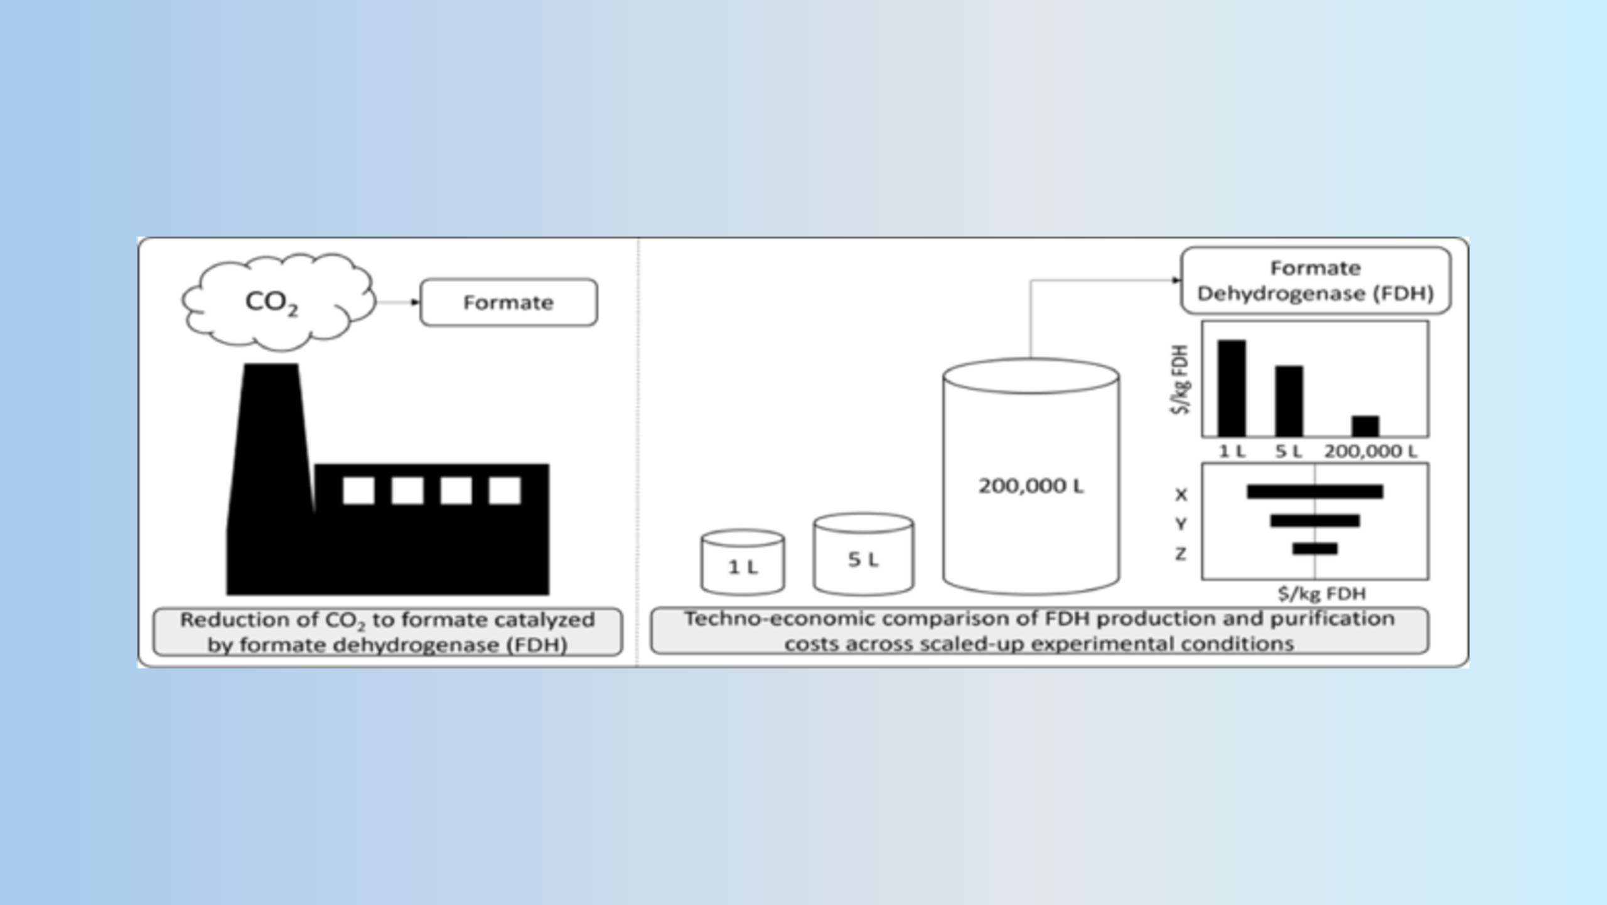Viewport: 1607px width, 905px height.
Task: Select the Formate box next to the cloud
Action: pos(508,302)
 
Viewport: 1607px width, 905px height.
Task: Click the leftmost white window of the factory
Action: pos(358,490)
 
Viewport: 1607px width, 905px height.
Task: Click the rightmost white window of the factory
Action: pos(505,490)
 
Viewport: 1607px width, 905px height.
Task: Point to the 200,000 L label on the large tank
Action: pos(1031,485)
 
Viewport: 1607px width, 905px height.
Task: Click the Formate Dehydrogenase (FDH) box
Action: pos(1316,281)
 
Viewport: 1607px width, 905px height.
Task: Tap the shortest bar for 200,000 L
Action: pos(1365,426)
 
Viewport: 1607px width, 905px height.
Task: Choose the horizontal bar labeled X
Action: pos(1314,491)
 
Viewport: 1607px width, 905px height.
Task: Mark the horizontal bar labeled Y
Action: pos(1314,521)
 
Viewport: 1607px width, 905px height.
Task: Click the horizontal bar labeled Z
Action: pos(1314,549)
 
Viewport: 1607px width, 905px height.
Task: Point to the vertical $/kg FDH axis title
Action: pos(1181,379)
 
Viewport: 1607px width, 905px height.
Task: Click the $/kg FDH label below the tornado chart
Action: pos(1321,593)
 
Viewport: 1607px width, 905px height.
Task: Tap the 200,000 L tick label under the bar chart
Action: pos(1370,451)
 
